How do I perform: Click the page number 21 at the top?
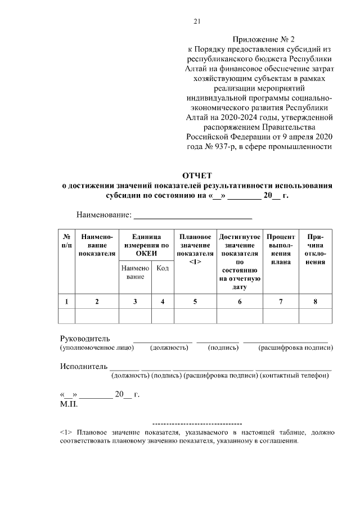click(197, 22)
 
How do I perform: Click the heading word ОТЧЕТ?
click(197, 175)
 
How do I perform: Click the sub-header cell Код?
click(163, 269)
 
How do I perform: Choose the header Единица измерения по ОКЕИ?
click(146, 246)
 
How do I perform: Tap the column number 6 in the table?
click(240, 301)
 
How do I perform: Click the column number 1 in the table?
click(66, 301)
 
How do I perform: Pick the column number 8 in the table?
click(315, 301)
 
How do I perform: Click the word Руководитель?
click(85, 339)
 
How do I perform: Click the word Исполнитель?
click(84, 366)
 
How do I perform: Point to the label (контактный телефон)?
click(294, 375)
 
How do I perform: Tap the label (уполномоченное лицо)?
click(97, 348)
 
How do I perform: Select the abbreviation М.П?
click(69, 403)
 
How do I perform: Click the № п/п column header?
click(66, 242)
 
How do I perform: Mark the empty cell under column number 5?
click(195, 317)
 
